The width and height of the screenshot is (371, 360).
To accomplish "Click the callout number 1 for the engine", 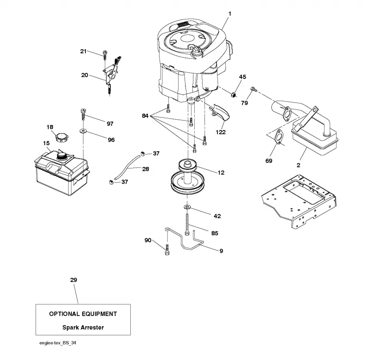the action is pyautogui.click(x=230, y=14).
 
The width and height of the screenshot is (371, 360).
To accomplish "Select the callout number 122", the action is pyautogui.click(x=221, y=132).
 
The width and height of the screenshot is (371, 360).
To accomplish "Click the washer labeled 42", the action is pyautogui.click(x=187, y=207).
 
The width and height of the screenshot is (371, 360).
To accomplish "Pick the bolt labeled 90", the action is pyautogui.click(x=167, y=250).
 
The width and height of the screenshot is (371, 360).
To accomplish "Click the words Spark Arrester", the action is pyautogui.click(x=83, y=328).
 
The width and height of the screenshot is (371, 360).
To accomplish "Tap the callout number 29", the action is pyautogui.click(x=74, y=280).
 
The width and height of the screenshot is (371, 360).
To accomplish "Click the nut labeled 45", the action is pyautogui.click(x=234, y=95).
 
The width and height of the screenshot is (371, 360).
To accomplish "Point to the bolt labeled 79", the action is pyautogui.click(x=254, y=90).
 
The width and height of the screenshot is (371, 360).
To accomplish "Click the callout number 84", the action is pyautogui.click(x=145, y=116).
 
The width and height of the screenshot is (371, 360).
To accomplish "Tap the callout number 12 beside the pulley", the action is pyautogui.click(x=221, y=173).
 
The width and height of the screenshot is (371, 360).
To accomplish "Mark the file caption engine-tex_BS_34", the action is pyautogui.click(x=58, y=343).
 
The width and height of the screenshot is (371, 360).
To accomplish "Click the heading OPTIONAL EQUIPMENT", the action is pyautogui.click(x=83, y=314).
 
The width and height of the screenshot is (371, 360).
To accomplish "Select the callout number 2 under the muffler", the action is pyautogui.click(x=298, y=165).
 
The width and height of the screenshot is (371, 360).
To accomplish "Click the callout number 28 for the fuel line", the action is pyautogui.click(x=146, y=169).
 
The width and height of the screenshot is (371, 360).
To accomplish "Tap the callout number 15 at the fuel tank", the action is pyautogui.click(x=46, y=143).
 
